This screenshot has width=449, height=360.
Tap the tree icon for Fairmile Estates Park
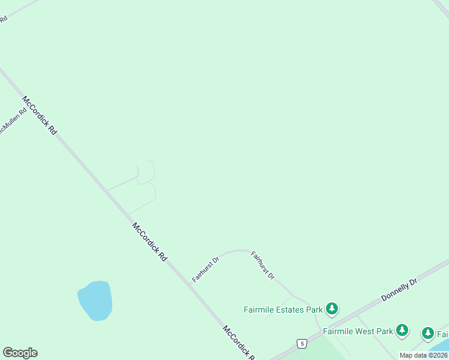332,309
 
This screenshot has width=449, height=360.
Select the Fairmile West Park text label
358,331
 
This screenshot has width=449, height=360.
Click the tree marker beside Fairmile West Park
402,330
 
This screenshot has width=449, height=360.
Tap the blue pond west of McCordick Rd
95,300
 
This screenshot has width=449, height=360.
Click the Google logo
20,353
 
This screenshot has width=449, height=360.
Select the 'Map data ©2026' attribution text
423,355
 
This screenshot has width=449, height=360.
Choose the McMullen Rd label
13,121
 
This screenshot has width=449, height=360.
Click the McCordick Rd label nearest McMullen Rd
39,115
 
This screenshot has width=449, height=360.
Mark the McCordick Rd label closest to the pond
149,242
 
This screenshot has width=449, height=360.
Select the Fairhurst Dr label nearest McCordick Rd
206,268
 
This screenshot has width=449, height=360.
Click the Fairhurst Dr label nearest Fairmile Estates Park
262,265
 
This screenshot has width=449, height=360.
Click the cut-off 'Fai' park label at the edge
443,333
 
